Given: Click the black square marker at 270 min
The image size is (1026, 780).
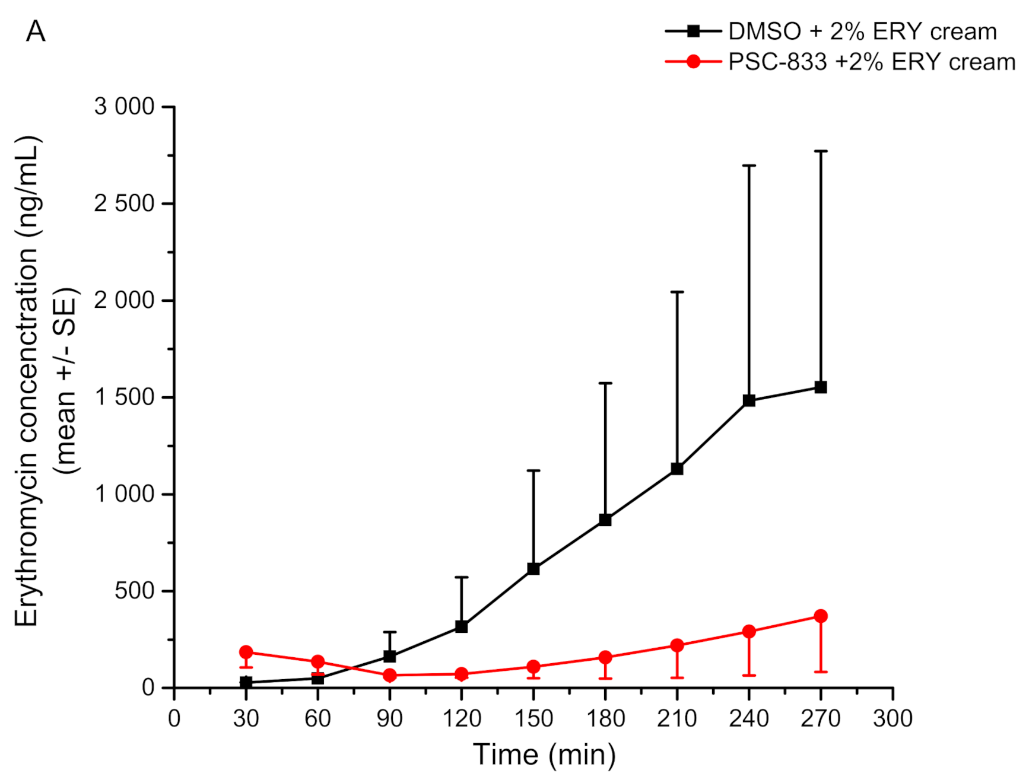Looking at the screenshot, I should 821,387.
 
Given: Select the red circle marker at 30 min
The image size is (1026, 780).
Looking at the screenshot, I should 246,652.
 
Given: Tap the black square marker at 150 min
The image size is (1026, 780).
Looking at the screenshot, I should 533,569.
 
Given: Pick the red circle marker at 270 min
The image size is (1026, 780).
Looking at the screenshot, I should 821,616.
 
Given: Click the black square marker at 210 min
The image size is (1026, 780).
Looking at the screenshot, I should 677,469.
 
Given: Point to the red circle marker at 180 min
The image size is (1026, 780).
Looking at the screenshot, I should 605,657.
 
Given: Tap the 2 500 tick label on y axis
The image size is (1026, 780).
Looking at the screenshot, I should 124,203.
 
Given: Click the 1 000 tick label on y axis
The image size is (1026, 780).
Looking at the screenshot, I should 124,494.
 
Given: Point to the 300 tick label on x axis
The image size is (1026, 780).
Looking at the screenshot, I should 892,718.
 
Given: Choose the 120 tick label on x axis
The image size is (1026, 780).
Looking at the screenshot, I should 462,718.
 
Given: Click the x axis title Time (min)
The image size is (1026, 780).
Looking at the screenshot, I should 544,755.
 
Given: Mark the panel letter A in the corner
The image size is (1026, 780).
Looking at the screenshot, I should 36,31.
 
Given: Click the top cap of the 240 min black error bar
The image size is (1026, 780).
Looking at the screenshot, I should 749,165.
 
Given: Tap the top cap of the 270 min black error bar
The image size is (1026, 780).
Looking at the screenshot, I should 821,151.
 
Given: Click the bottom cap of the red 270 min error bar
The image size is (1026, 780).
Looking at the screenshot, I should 821,671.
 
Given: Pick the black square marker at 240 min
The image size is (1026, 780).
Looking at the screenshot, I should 749,401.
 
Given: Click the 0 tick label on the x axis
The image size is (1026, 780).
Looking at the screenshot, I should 174,718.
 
